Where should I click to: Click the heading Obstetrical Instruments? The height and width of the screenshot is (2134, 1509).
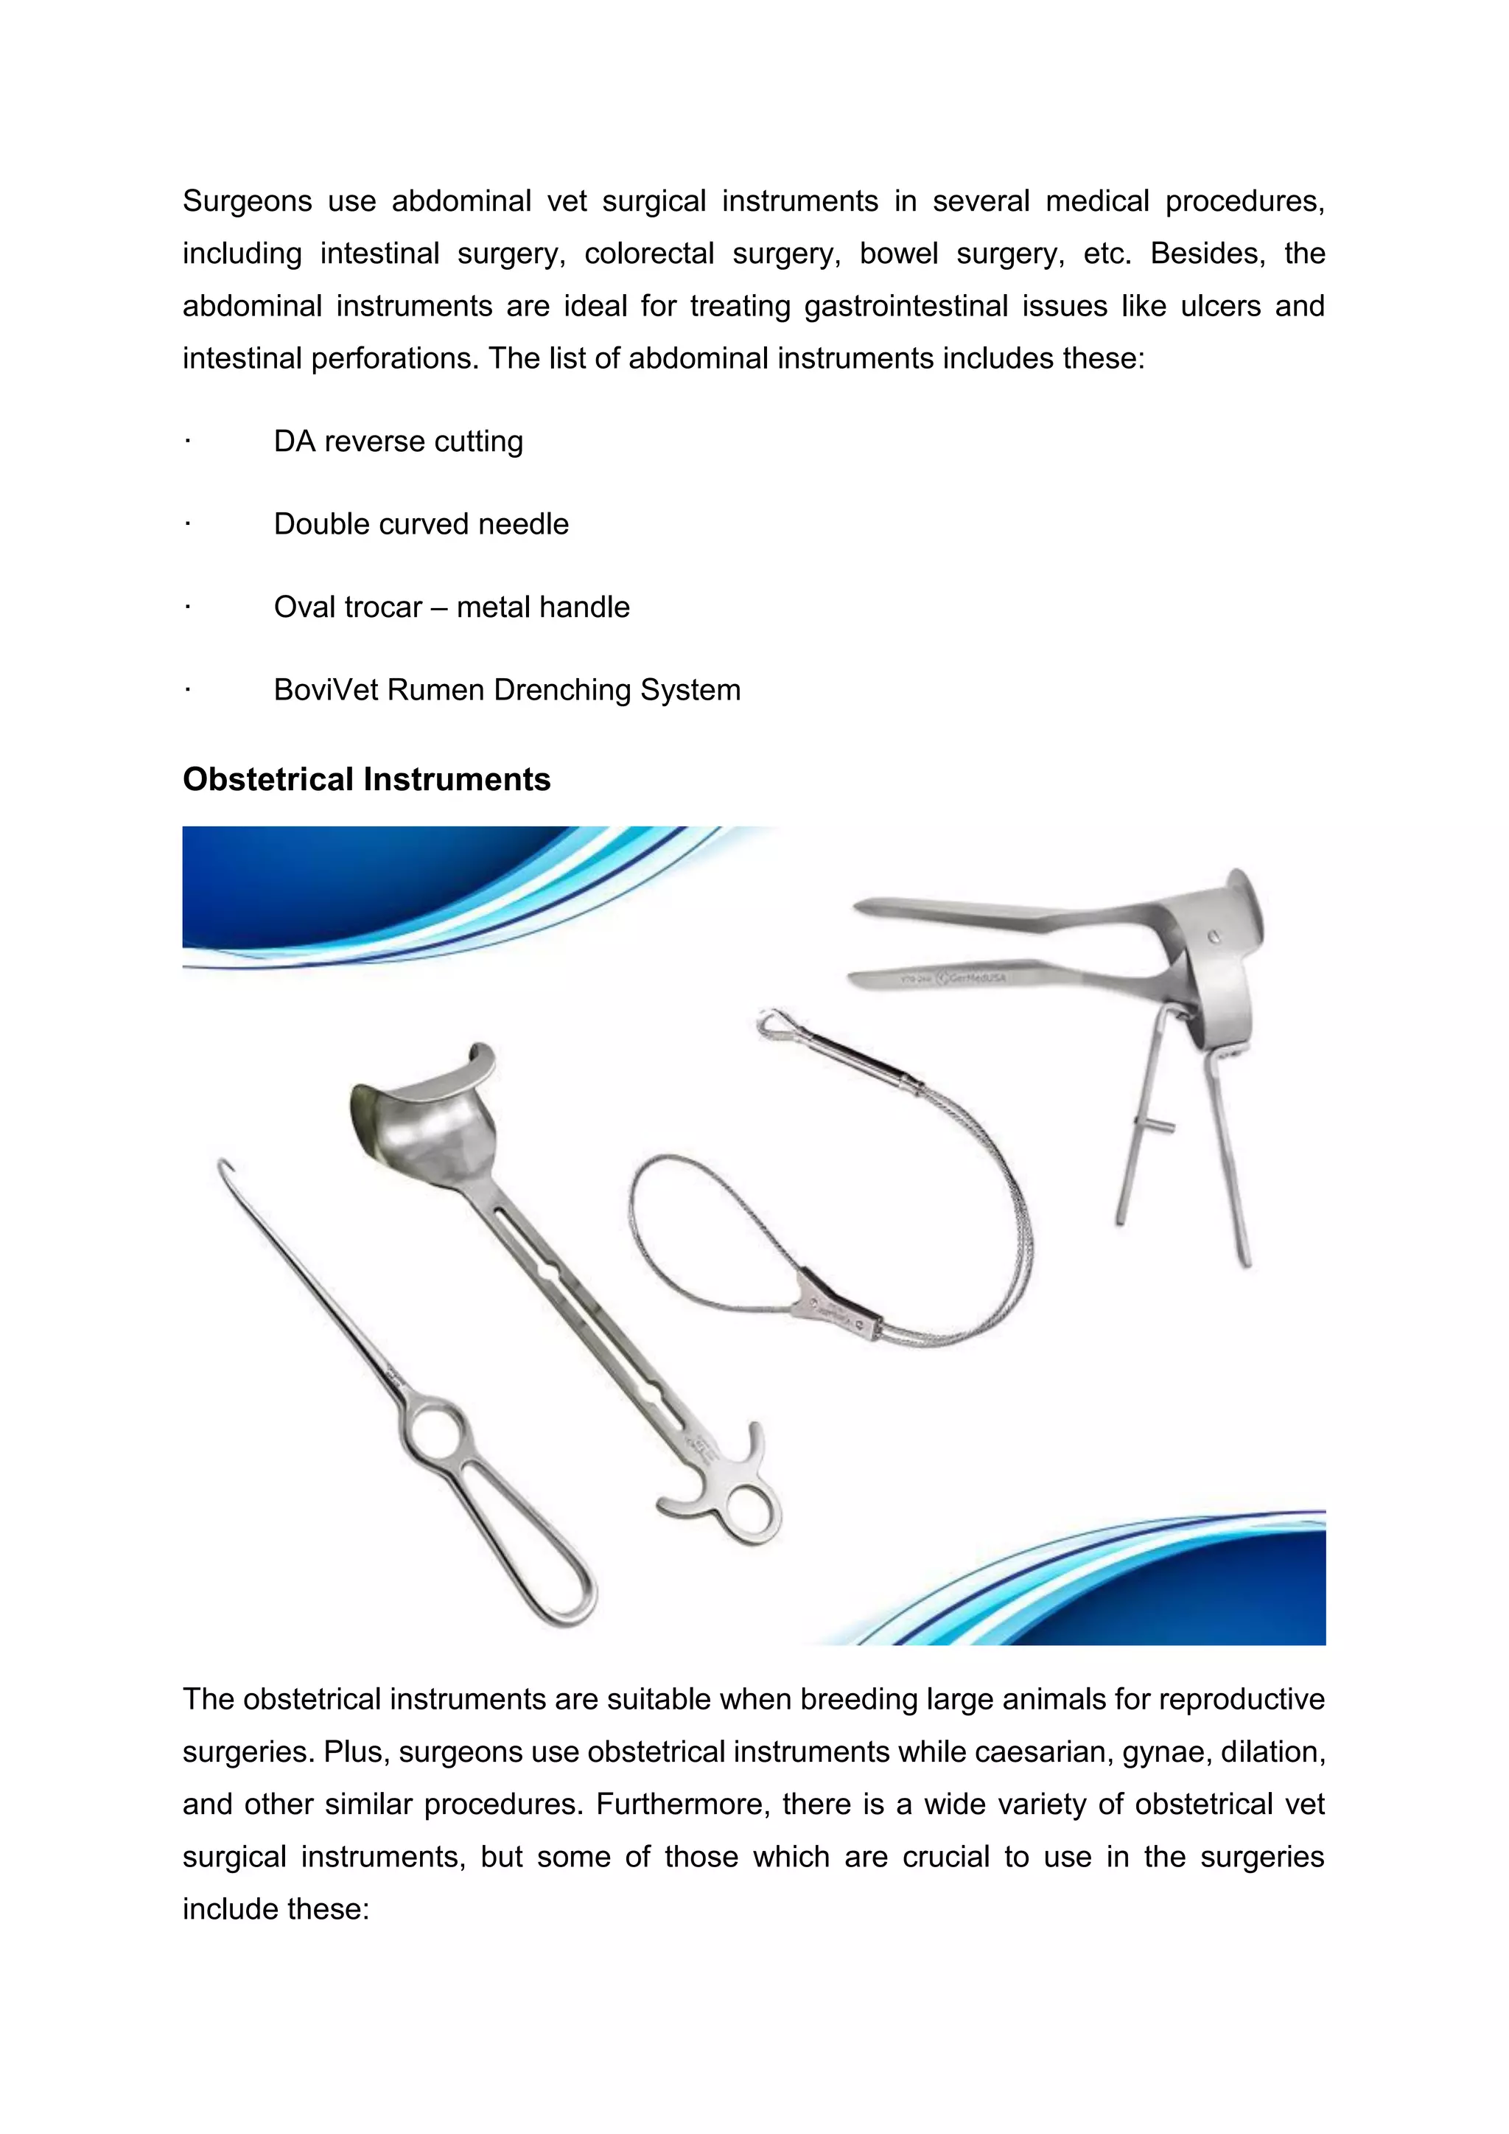coord(366,779)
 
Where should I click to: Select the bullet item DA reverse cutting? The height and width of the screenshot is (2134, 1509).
coord(398,441)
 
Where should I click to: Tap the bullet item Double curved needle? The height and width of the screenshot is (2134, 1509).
coord(421,523)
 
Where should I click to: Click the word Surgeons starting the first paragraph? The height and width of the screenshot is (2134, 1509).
coord(246,201)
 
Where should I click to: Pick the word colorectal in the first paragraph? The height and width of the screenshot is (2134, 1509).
coord(648,253)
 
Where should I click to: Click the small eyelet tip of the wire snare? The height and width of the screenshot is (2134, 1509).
coord(770,1023)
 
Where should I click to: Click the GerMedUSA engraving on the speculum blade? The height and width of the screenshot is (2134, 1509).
coord(971,977)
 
